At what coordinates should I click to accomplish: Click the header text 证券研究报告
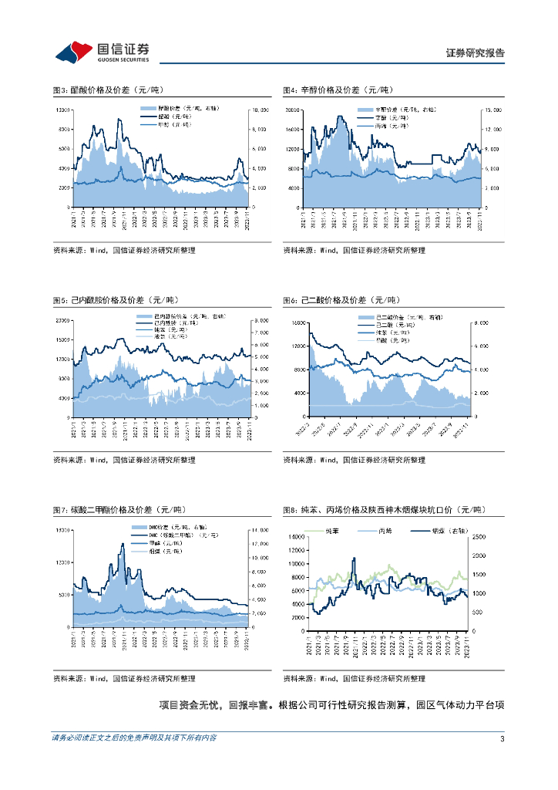(x=476, y=53)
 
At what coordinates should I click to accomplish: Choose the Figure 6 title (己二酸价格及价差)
(x=340, y=300)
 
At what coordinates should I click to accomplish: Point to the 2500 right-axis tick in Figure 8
(x=479, y=536)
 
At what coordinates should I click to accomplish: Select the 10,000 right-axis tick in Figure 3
(x=260, y=110)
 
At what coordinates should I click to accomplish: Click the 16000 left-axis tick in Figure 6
(x=297, y=322)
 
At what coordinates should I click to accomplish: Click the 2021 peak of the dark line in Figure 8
(x=355, y=558)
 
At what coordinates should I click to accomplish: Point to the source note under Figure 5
(x=123, y=461)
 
